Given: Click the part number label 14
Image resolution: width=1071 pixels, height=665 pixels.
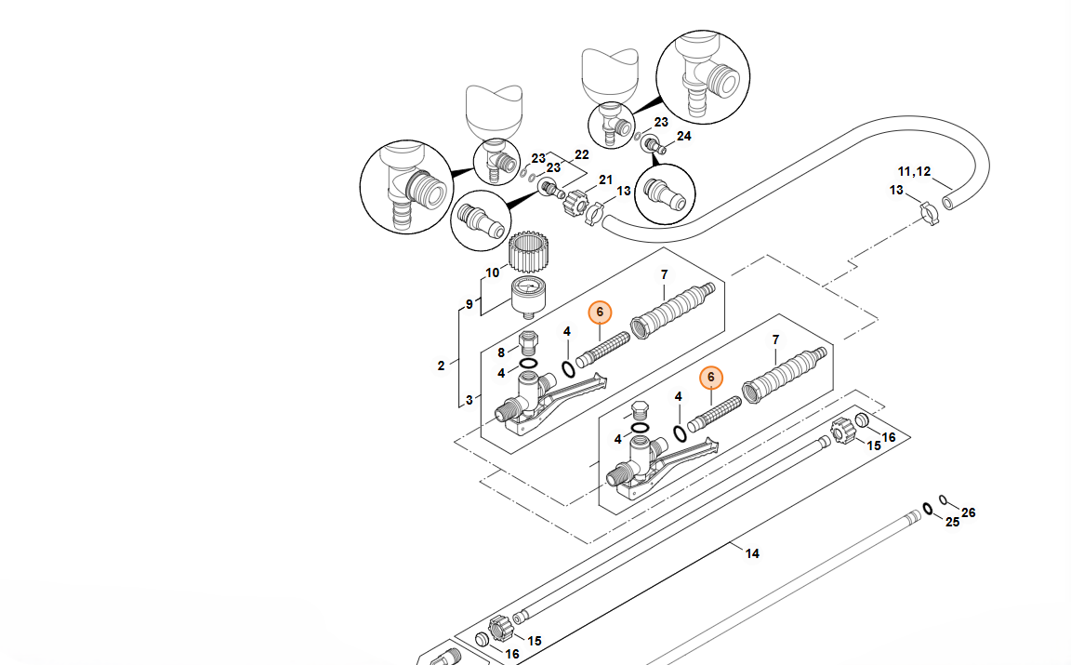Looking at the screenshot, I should (752, 553).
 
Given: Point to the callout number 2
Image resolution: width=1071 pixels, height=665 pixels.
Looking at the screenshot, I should (442, 366).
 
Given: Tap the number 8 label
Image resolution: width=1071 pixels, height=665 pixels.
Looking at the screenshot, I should (501, 352).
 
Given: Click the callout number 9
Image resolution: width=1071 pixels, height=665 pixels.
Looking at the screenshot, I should (469, 304).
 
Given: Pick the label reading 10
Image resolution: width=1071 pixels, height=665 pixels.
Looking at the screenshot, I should (493, 273).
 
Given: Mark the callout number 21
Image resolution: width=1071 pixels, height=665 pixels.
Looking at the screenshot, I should (605, 180).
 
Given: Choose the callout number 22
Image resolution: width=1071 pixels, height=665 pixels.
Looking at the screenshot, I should (582, 154).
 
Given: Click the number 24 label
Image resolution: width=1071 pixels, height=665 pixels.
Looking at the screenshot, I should (684, 136).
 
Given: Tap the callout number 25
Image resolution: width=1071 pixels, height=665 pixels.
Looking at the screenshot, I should (952, 523).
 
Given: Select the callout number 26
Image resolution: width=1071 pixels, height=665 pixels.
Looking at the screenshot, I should (969, 512).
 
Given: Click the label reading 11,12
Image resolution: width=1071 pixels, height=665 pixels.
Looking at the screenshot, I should (914, 171).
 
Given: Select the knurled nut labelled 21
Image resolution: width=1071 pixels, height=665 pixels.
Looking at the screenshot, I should (576, 199).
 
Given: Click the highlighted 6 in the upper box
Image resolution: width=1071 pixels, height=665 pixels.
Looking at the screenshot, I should (601, 312).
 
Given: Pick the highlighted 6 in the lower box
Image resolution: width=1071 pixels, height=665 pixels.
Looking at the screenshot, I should (711, 377).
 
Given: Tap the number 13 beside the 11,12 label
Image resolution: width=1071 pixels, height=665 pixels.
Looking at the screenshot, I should (896, 191).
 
